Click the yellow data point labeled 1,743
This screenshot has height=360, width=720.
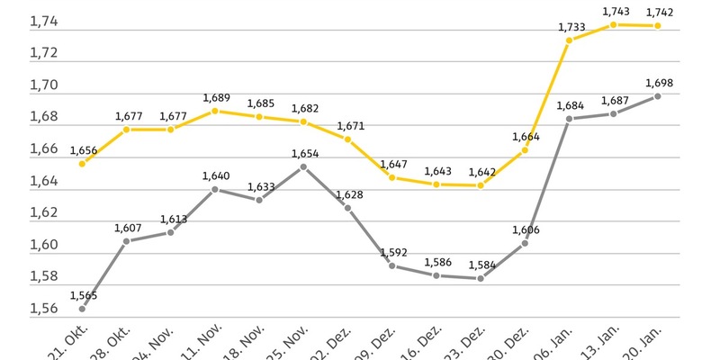click(614, 25)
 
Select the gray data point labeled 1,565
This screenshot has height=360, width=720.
click(83, 309)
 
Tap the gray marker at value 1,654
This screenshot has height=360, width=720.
click(303, 166)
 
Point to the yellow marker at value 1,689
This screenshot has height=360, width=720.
click(215, 111)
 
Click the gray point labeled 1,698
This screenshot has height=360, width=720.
click(658, 96)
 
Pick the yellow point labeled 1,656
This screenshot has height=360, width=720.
click(83, 164)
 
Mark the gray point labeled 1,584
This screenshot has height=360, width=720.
click(481, 278)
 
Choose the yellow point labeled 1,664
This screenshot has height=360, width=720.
click(525, 150)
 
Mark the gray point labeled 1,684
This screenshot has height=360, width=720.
click(570, 119)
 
